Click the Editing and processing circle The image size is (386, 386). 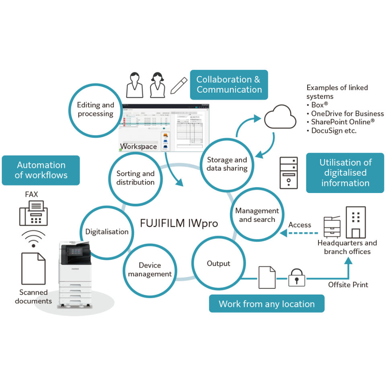[96, 109]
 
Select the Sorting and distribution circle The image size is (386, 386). [136, 178]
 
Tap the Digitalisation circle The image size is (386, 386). [107, 232]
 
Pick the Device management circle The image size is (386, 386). [150, 269]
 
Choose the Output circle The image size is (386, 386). [218, 263]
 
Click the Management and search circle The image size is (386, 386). [257, 215]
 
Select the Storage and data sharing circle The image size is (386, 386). [227, 164]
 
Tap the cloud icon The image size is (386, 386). [280, 117]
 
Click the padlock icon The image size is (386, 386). [297, 277]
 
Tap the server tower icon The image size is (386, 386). [288, 173]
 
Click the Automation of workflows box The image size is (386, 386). [41, 170]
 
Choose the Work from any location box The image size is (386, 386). [267, 304]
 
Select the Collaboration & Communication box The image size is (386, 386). [228, 84]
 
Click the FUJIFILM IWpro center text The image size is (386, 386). [179, 223]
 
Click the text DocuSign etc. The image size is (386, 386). [334, 131]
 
